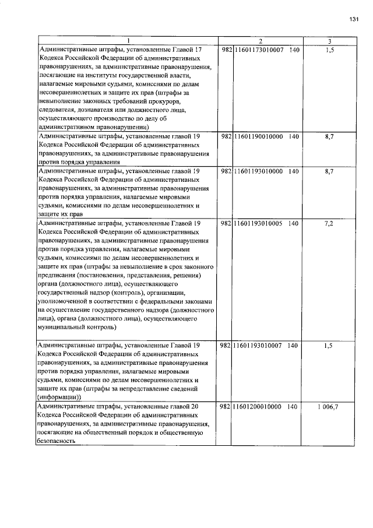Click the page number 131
(353, 20)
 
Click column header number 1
(128, 41)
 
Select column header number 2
(261, 41)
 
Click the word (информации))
(61, 397)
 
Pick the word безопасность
(57, 441)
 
